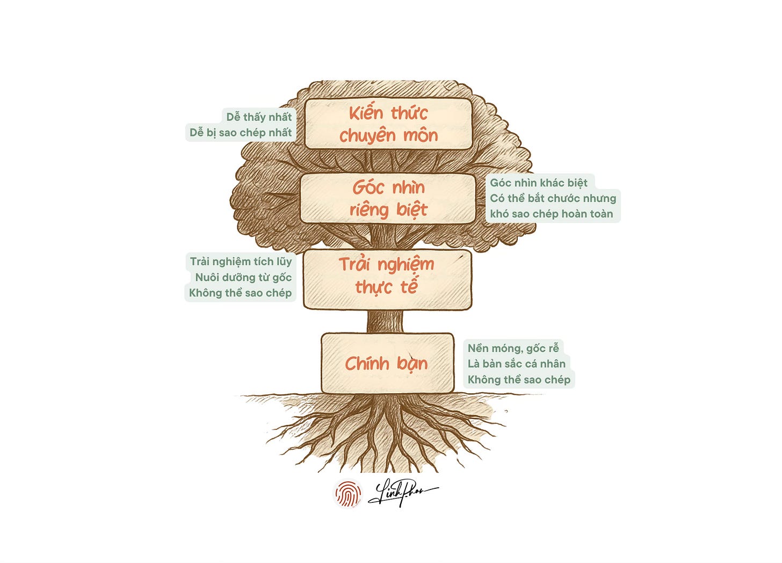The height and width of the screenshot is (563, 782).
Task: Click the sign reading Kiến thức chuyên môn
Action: coord(388,124)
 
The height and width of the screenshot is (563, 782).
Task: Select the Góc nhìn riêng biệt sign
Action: coord(388,198)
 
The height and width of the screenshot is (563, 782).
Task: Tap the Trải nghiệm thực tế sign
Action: coord(387,279)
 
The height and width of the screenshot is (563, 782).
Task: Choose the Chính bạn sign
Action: coord(387,363)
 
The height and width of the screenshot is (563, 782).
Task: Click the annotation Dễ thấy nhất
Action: coord(259,117)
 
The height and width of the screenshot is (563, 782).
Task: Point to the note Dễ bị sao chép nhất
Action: coord(241,132)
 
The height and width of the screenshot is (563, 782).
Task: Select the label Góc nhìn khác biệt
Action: coord(539,183)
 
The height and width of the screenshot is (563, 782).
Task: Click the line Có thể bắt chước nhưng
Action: coord(553,198)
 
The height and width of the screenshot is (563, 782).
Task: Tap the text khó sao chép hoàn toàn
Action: coord(551,214)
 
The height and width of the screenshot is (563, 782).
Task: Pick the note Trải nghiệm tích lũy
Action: coord(241,262)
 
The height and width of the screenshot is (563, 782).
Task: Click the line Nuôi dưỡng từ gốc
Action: coord(243,277)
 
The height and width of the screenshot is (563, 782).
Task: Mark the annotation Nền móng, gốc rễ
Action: coord(513,348)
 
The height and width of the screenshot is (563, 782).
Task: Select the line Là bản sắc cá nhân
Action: coord(516,364)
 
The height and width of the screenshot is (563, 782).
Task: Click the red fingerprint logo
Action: coord(347,493)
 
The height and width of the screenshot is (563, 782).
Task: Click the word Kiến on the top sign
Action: coord(366,113)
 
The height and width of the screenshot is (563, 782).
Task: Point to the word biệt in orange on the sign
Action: coord(412,210)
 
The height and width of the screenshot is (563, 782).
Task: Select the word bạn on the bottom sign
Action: coord(412,364)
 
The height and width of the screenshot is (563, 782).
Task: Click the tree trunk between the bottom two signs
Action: coord(385,321)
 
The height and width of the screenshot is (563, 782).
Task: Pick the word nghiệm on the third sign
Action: coord(406,265)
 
